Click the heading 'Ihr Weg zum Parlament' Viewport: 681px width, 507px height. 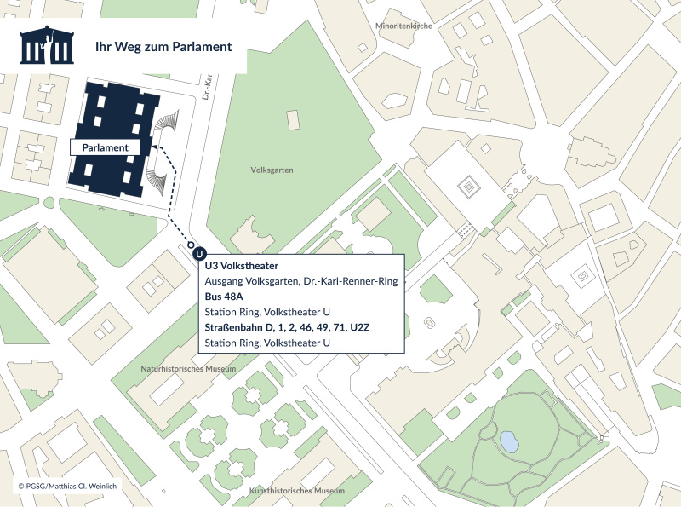[163, 47]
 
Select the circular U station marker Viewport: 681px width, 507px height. [198, 253]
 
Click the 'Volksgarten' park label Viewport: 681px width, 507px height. [272, 170]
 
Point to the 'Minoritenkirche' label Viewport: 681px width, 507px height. [404, 26]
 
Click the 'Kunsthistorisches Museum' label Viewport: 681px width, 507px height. [297, 492]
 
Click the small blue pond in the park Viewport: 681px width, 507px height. [509, 441]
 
